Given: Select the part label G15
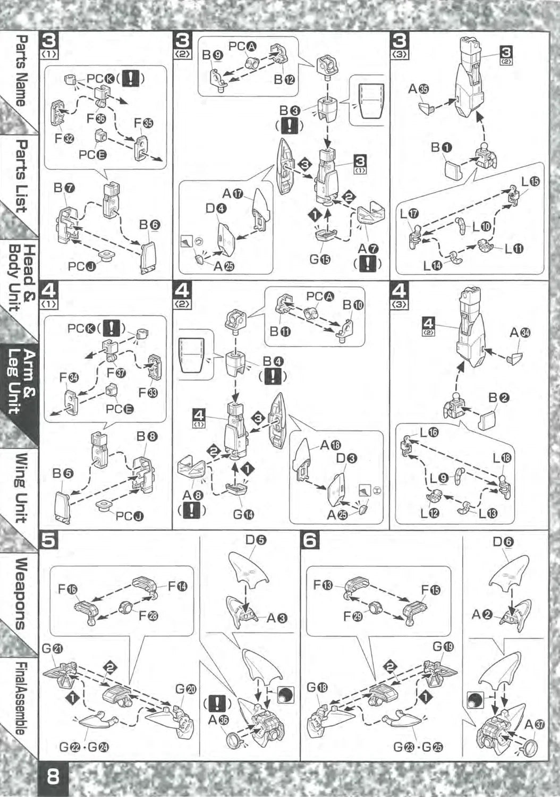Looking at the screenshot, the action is pyautogui.click(x=320, y=259).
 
